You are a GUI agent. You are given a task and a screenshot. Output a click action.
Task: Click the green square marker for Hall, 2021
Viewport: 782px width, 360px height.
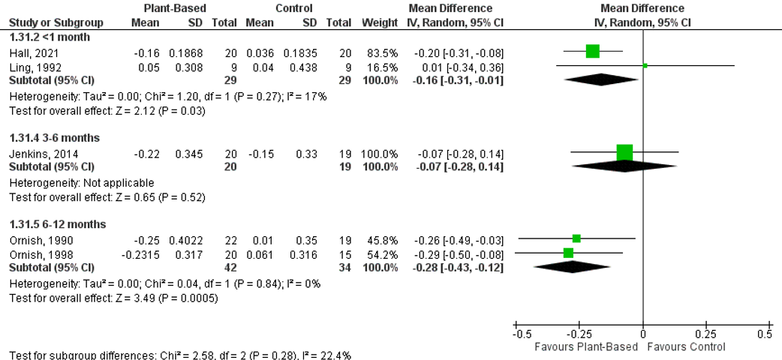click(593, 51)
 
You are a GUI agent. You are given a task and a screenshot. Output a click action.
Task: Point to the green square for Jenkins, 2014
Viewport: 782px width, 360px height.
click(624, 152)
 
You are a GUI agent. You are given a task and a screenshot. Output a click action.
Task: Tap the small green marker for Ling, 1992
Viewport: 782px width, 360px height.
click(645, 66)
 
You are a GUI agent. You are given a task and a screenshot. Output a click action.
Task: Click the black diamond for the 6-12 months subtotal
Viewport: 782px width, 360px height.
click(574, 266)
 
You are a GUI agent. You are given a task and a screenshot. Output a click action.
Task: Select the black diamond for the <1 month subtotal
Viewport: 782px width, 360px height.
click(604, 79)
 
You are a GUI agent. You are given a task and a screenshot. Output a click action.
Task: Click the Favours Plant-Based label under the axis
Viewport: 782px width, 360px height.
click(585, 347)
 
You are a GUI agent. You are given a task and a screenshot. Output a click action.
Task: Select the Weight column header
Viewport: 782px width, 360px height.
click(380, 22)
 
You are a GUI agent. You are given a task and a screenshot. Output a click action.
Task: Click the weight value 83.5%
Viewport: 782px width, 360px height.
click(384, 52)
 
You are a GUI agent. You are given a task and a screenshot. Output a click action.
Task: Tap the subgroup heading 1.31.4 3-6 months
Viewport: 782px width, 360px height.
click(54, 138)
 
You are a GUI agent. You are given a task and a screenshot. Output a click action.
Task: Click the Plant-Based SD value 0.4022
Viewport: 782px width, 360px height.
click(187, 239)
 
